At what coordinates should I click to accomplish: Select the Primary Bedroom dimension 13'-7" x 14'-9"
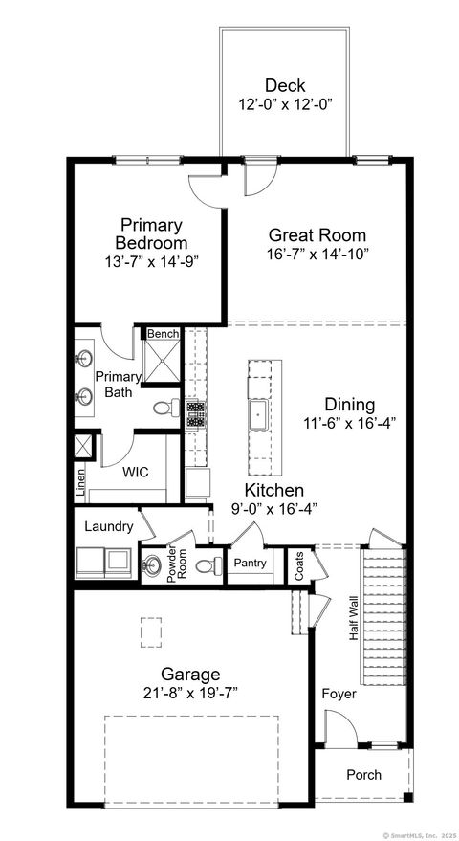[151, 260]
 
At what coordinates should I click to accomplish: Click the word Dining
[349, 405]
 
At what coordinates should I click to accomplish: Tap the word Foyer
[339, 694]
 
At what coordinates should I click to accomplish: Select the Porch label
[363, 774]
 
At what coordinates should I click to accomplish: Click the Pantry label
[251, 564]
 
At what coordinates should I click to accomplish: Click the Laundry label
[108, 526]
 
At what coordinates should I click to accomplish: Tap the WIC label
[136, 472]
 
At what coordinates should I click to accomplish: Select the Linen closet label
[81, 483]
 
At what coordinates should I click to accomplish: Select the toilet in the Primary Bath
[164, 408]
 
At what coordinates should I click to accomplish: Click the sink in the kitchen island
[258, 414]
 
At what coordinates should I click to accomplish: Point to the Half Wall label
[353, 618]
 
